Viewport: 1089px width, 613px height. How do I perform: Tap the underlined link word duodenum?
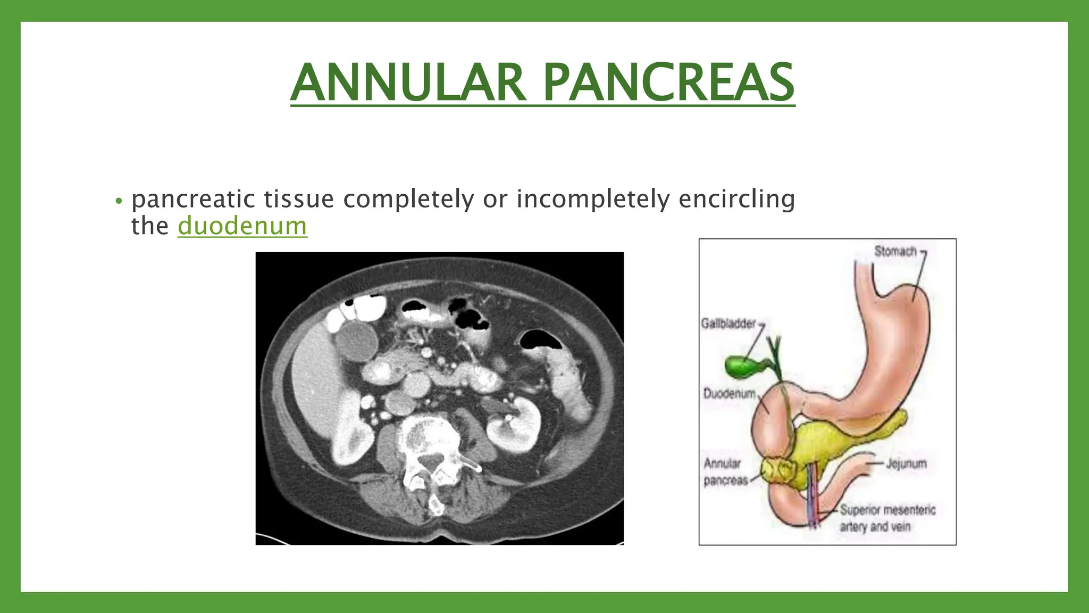click(x=242, y=226)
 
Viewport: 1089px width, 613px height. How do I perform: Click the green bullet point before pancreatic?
click(x=119, y=202)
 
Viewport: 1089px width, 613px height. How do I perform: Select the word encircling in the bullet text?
click(x=736, y=199)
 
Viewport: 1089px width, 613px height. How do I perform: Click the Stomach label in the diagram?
click(x=895, y=251)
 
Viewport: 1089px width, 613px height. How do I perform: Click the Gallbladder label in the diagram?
click(x=728, y=324)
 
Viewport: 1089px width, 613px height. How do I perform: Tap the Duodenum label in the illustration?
click(x=729, y=394)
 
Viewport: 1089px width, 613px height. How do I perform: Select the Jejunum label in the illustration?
click(x=906, y=464)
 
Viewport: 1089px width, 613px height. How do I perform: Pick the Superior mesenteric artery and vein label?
click(x=887, y=518)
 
